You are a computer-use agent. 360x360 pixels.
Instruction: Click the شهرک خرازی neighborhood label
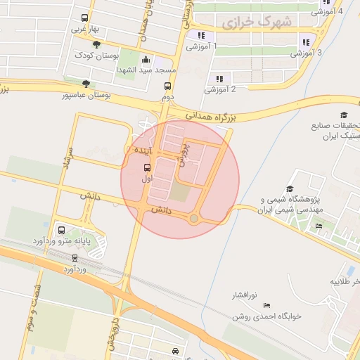coord(256,22)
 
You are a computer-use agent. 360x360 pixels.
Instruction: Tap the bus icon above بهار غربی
coord(84,18)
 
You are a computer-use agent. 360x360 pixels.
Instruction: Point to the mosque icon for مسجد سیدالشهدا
coord(146,60)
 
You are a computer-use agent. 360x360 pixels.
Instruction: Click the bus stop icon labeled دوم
coord(167,86)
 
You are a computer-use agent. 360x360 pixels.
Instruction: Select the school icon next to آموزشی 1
coord(201,35)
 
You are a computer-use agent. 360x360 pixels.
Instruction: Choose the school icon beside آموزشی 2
coord(219,79)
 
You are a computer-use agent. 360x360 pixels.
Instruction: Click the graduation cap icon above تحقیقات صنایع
coord(344,115)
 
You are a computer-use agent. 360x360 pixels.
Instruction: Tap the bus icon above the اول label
coord(147,167)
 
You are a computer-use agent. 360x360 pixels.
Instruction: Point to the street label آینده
coord(135,150)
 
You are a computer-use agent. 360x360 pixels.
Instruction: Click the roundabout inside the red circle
coord(194,219)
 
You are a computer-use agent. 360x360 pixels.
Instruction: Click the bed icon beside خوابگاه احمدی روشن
coord(266,306)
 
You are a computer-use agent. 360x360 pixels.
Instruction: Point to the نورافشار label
coord(246,295)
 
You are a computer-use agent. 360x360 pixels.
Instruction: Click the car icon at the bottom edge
coord(175,351)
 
